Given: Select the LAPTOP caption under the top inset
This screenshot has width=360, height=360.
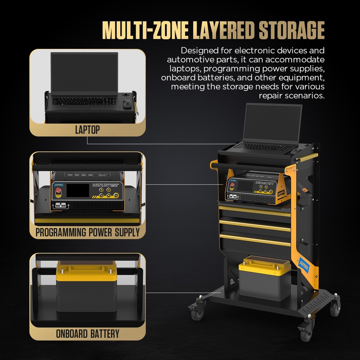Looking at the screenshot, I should pos(87,130).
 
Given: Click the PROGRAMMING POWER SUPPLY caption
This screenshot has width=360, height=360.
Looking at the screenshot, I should pos(87,232).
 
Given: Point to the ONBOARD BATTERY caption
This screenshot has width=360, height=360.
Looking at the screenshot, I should pos(87,333).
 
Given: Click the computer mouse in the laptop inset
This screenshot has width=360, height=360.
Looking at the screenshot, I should pos(127,104).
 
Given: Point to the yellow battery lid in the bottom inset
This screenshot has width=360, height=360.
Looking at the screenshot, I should pos(86,272).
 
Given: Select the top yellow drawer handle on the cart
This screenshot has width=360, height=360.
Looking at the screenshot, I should pos(255,211).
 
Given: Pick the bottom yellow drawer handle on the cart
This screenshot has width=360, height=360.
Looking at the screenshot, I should pos(255,240).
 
